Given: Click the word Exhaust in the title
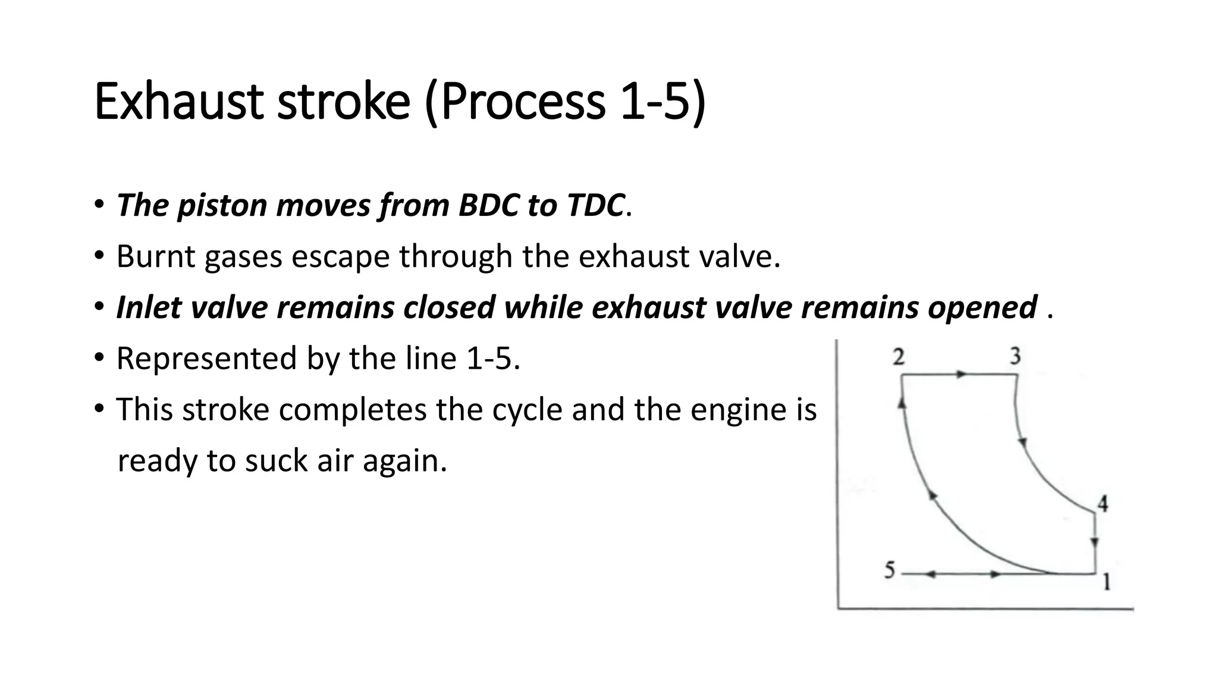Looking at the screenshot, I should point(178,102).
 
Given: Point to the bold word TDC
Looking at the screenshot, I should point(595,205).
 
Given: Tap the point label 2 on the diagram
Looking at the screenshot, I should point(899,357).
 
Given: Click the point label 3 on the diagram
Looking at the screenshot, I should point(1015,356).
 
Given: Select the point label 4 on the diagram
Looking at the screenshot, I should point(1103,504).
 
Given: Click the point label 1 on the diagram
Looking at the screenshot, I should point(1106,582).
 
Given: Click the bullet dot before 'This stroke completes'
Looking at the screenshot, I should point(99,410).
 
